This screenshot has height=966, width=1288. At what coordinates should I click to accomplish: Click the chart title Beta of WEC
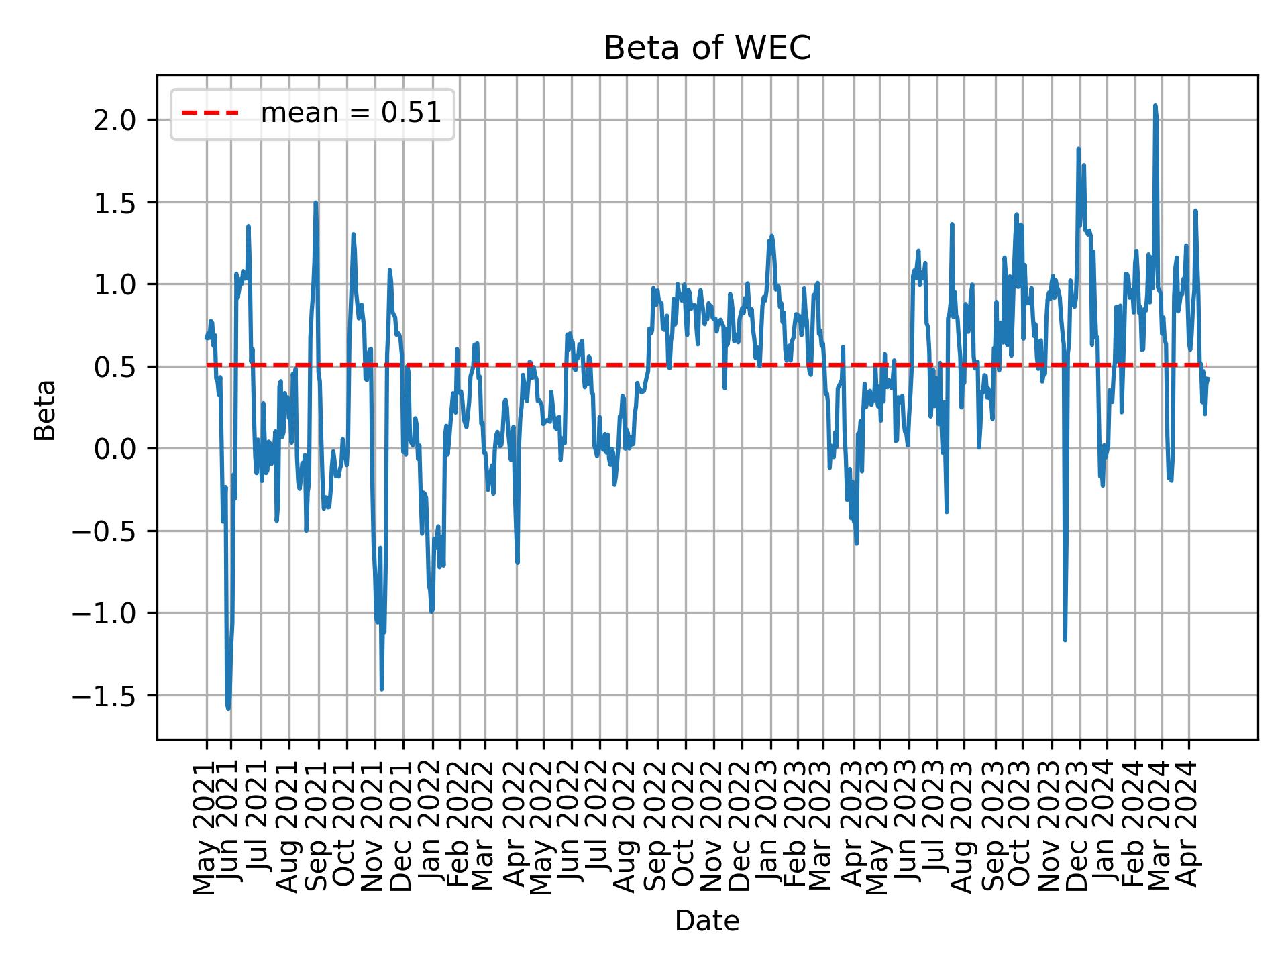[x=707, y=48]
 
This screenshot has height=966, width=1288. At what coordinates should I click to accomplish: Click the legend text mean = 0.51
[x=351, y=114]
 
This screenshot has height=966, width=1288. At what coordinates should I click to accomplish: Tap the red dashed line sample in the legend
[x=210, y=114]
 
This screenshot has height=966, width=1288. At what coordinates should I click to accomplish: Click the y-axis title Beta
[x=45, y=410]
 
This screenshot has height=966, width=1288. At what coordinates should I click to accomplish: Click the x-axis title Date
[x=707, y=922]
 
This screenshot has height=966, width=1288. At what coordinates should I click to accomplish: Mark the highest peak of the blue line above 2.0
[x=1155, y=105]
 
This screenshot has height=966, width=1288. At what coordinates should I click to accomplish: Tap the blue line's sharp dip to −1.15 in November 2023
[x=1065, y=639]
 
